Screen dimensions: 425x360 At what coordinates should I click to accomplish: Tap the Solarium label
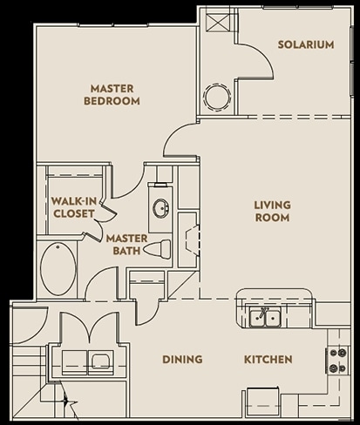pos(305,44)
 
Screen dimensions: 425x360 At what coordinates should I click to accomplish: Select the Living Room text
pos(272,212)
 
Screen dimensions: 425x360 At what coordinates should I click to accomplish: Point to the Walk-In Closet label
pos(73,206)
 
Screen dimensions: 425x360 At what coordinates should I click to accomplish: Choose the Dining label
pos(182,359)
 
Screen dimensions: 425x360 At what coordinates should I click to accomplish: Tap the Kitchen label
pos(268,359)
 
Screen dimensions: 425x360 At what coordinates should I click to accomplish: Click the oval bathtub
pos(58,272)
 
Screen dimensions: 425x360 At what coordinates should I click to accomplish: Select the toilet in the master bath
pos(157,249)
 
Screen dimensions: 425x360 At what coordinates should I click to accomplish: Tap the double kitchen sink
pos(262,319)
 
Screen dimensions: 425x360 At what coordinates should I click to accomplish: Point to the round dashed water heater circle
pos(216,96)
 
